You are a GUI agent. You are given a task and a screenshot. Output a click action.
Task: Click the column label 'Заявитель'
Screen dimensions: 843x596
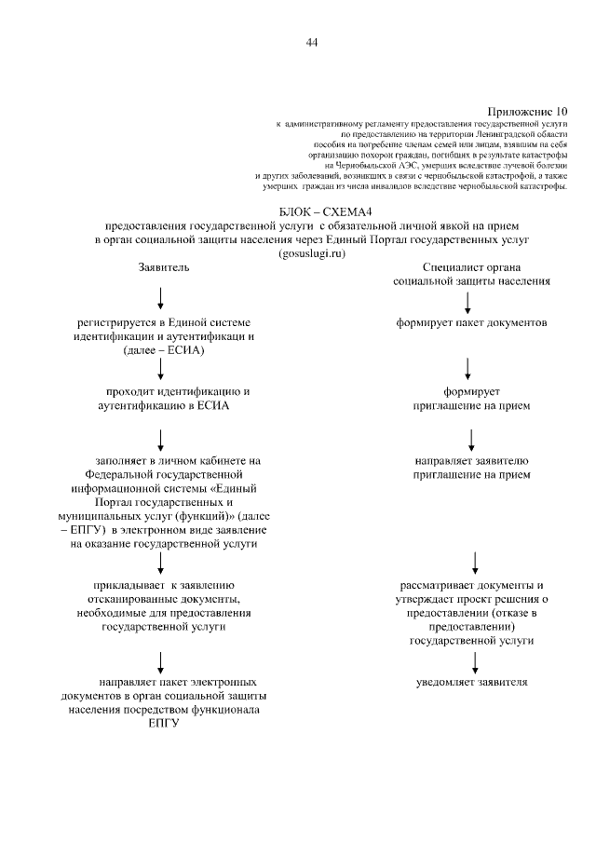click(x=164, y=266)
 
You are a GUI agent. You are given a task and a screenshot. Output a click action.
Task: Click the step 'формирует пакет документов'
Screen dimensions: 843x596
click(x=470, y=323)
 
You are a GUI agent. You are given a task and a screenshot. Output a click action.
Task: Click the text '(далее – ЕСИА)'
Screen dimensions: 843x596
click(x=163, y=349)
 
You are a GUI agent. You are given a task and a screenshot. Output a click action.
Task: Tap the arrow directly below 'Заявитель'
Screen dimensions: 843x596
click(x=162, y=299)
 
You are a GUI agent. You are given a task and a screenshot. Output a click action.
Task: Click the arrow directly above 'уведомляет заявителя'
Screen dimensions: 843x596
click(x=475, y=661)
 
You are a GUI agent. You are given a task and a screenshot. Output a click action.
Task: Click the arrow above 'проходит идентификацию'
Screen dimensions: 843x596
click(x=162, y=369)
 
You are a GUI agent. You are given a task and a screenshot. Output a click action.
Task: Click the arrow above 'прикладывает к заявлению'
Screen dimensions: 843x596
click(x=162, y=563)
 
